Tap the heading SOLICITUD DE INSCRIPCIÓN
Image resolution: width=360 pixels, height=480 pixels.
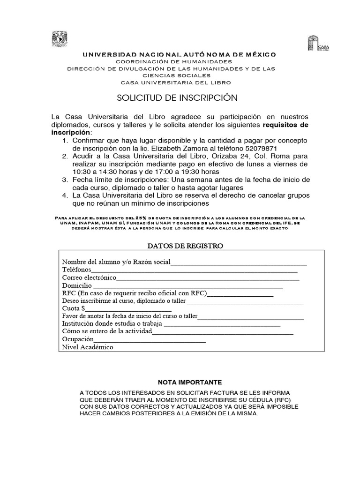[177, 97]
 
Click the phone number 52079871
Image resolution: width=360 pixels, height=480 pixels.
[260, 147]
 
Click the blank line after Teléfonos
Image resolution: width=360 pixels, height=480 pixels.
[195, 270]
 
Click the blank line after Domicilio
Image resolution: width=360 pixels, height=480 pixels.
[187, 286]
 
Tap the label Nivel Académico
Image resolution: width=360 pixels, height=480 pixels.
[88, 347]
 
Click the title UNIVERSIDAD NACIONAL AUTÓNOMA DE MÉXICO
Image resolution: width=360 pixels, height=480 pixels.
[180, 55]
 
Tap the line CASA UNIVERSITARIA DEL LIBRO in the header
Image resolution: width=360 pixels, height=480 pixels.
[176, 82]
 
